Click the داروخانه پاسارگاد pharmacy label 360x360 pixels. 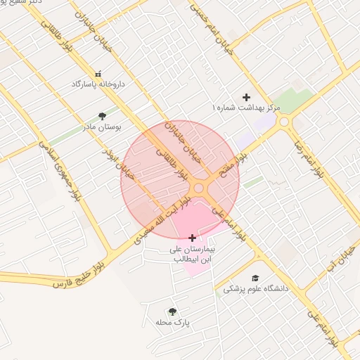pos(98,84)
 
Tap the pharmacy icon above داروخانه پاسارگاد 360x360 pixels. pos(98,73)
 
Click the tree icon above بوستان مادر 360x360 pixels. pos(103,117)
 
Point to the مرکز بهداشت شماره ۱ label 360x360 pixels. pos(246,108)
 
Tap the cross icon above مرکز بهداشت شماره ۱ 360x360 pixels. pos(246,97)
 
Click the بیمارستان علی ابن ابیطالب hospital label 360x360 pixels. pos(193,254)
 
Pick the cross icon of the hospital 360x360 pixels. pos(193,238)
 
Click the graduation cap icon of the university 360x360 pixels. pos(255,278)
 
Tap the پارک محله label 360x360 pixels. pos(173,323)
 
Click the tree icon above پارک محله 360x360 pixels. pos(173,311)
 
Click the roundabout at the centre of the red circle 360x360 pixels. pos(199,188)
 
